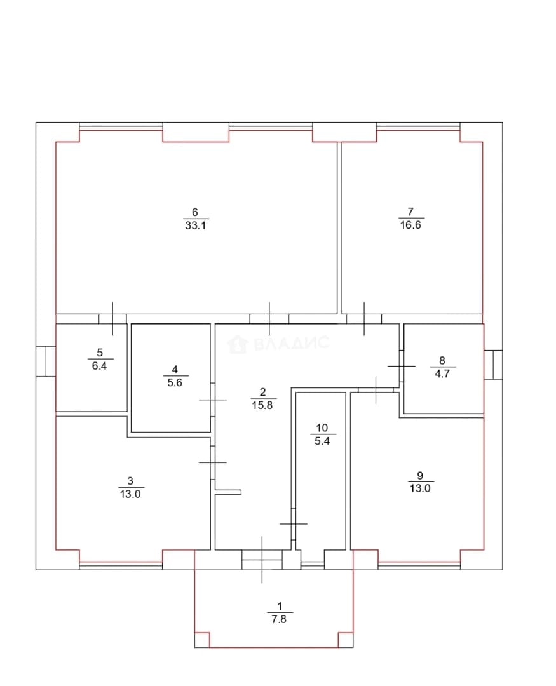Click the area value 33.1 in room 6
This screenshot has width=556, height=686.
click(x=195, y=225)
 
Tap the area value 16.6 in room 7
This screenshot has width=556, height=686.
click(x=410, y=225)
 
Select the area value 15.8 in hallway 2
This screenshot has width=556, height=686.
click(x=262, y=405)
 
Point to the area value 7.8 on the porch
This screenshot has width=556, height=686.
click(x=279, y=619)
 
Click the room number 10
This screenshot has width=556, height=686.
click(x=322, y=428)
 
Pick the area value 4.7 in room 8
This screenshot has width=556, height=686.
click(x=442, y=373)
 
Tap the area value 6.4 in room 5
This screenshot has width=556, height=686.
click(x=99, y=366)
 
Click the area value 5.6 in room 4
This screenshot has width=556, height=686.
click(x=175, y=382)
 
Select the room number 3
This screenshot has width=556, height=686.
click(x=130, y=481)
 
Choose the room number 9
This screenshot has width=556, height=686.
click(x=420, y=475)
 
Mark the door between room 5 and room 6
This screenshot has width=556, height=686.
click(x=112, y=319)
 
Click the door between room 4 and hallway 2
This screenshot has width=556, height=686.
click(x=213, y=400)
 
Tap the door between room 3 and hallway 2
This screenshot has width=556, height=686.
click(x=213, y=462)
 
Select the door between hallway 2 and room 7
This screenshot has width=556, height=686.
click(x=364, y=319)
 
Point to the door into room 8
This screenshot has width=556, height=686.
click(x=402, y=366)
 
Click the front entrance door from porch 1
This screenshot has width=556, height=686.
click(x=262, y=560)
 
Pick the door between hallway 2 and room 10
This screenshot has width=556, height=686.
click(x=294, y=523)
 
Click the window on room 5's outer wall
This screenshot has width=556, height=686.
click(x=46, y=361)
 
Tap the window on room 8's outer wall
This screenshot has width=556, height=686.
click(x=493, y=365)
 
